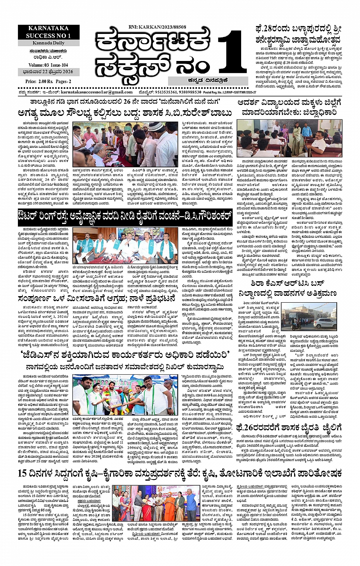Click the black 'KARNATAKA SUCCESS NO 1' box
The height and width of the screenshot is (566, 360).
tap(48, 32)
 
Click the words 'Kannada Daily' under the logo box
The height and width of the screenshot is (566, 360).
tap(48, 43)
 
